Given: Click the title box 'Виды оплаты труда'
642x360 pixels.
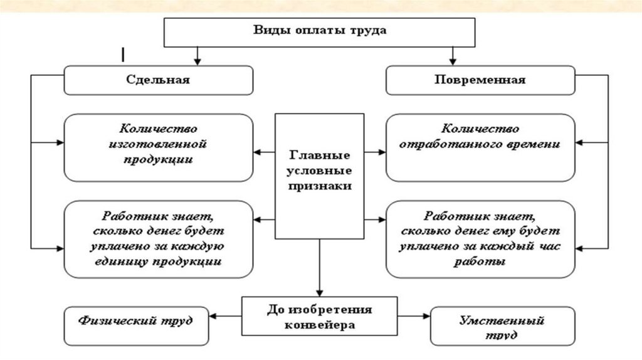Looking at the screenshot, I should tap(320, 31).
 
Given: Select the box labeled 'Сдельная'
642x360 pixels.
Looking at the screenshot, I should tap(158, 80).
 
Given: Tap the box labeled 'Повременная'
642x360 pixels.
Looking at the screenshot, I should tap(480, 80).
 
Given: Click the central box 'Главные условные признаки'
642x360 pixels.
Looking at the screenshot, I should tap(320, 176).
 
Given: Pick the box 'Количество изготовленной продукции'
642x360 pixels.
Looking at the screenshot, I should tap(158, 148).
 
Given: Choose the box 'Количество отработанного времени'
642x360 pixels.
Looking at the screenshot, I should tap(480, 148).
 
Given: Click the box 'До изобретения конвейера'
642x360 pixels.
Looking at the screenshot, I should tap(320, 317).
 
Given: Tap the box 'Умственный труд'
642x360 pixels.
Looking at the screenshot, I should tap(502, 325).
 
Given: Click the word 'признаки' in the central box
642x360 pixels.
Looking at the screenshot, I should tap(320, 186).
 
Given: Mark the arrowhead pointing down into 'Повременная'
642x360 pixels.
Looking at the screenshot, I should tap(450, 62).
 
